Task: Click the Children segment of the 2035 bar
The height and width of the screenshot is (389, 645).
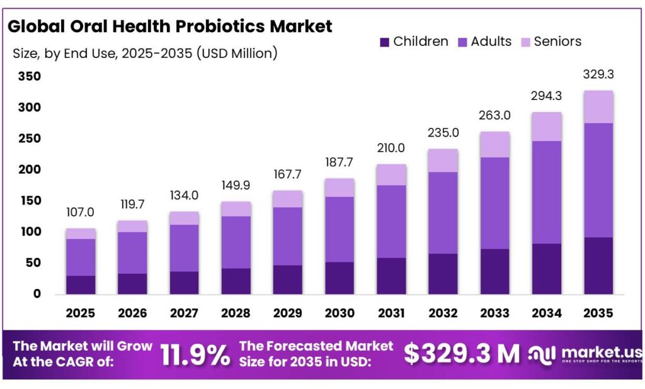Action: [598, 265]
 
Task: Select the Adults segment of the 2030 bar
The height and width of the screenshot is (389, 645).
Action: [339, 229]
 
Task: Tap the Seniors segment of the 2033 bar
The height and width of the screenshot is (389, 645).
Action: [494, 145]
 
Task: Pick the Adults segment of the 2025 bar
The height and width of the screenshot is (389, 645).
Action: [81, 257]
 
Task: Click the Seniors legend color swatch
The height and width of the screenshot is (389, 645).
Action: [525, 42]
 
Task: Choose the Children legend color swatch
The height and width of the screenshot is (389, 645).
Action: [384, 42]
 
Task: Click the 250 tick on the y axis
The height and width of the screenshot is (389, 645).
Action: [29, 138]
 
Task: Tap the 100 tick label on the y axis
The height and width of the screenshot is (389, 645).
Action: [29, 232]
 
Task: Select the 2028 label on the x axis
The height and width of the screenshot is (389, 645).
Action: [236, 312]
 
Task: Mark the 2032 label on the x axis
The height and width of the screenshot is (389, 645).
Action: [442, 312]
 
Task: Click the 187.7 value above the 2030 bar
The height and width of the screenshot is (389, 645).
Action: [339, 162]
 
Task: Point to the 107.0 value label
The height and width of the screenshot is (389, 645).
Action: [81, 213]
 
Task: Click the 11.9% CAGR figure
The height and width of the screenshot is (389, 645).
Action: [195, 354]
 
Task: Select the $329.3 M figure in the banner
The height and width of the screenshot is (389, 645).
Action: [462, 354]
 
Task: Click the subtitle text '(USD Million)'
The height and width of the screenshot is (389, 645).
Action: [237, 54]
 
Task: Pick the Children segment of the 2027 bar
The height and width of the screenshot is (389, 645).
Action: [184, 282]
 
